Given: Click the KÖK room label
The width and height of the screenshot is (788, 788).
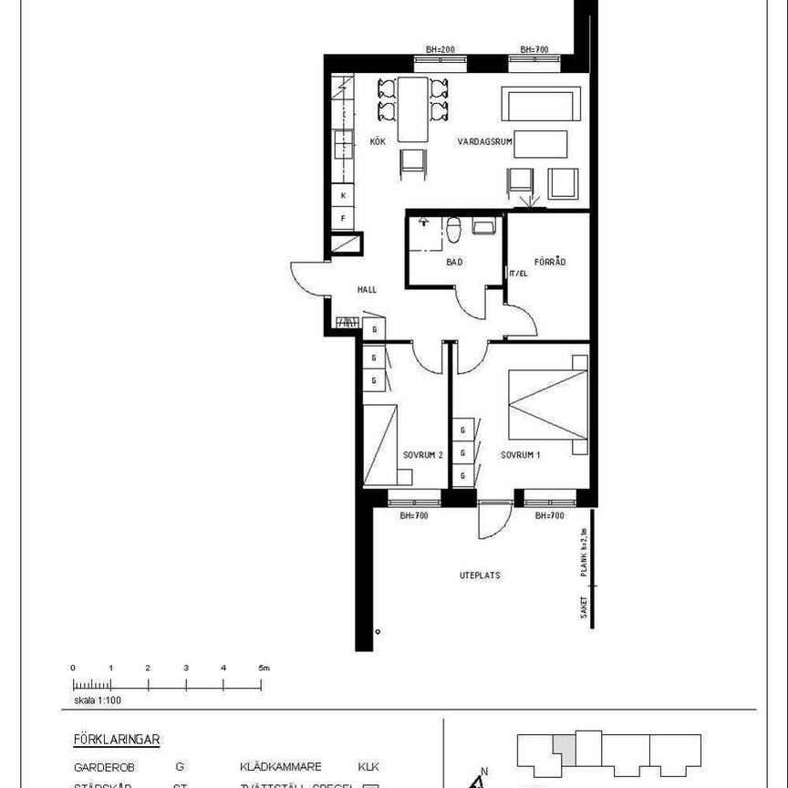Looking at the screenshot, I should (x=378, y=142).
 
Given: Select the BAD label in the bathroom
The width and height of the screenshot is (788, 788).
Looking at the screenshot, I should (x=453, y=263).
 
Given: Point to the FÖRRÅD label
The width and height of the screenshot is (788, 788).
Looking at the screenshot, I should (x=550, y=263).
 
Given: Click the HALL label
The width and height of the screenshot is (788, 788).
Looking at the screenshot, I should (x=367, y=290).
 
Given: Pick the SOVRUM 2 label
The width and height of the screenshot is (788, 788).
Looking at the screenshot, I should (x=422, y=454).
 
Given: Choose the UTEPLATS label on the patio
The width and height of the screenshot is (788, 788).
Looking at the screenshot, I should (x=479, y=575).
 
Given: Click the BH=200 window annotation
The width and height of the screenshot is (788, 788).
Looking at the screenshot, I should (x=441, y=49).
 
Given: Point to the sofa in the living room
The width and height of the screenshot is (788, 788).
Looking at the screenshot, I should (x=540, y=105).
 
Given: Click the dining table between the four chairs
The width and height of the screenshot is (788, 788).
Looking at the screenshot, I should (x=413, y=109).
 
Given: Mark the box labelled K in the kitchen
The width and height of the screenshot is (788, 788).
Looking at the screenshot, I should (x=344, y=196).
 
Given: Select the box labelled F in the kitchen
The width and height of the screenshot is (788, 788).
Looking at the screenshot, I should (x=344, y=219).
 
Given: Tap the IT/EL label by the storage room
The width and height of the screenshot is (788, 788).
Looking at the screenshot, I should (x=518, y=274).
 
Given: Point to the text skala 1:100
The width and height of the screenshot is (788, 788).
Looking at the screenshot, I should (x=98, y=701).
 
